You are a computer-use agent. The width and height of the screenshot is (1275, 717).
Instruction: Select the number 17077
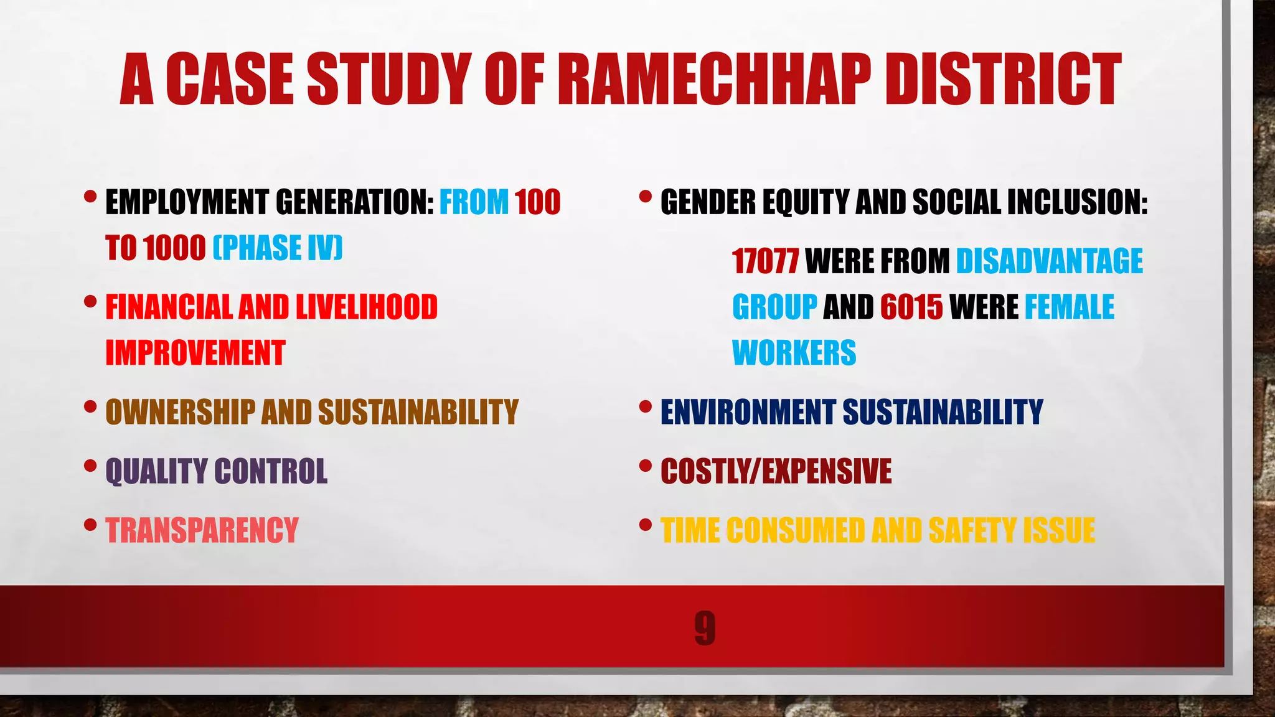(765, 261)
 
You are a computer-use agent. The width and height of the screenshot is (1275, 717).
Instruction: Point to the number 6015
(911, 307)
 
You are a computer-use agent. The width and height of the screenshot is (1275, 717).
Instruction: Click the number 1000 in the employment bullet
(174, 248)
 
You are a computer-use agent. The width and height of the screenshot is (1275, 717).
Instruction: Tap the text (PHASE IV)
(278, 248)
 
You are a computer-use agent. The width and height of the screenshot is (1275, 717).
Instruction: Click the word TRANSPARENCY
(202, 530)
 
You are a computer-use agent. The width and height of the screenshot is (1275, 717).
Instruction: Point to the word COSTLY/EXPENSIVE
(776, 471)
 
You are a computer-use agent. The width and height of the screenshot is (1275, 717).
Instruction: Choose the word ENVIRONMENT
(748, 412)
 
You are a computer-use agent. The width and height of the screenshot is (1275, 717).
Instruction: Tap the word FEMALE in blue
(1069, 307)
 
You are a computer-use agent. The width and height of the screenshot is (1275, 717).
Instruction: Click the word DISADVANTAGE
(1049, 261)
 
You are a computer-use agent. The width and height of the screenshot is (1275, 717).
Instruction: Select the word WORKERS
(794, 353)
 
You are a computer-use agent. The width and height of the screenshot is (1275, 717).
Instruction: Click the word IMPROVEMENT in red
(195, 353)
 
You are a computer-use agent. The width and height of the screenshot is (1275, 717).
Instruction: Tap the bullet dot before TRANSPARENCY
(90, 525)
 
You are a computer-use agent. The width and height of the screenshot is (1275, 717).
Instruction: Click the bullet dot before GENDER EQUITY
(646, 197)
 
